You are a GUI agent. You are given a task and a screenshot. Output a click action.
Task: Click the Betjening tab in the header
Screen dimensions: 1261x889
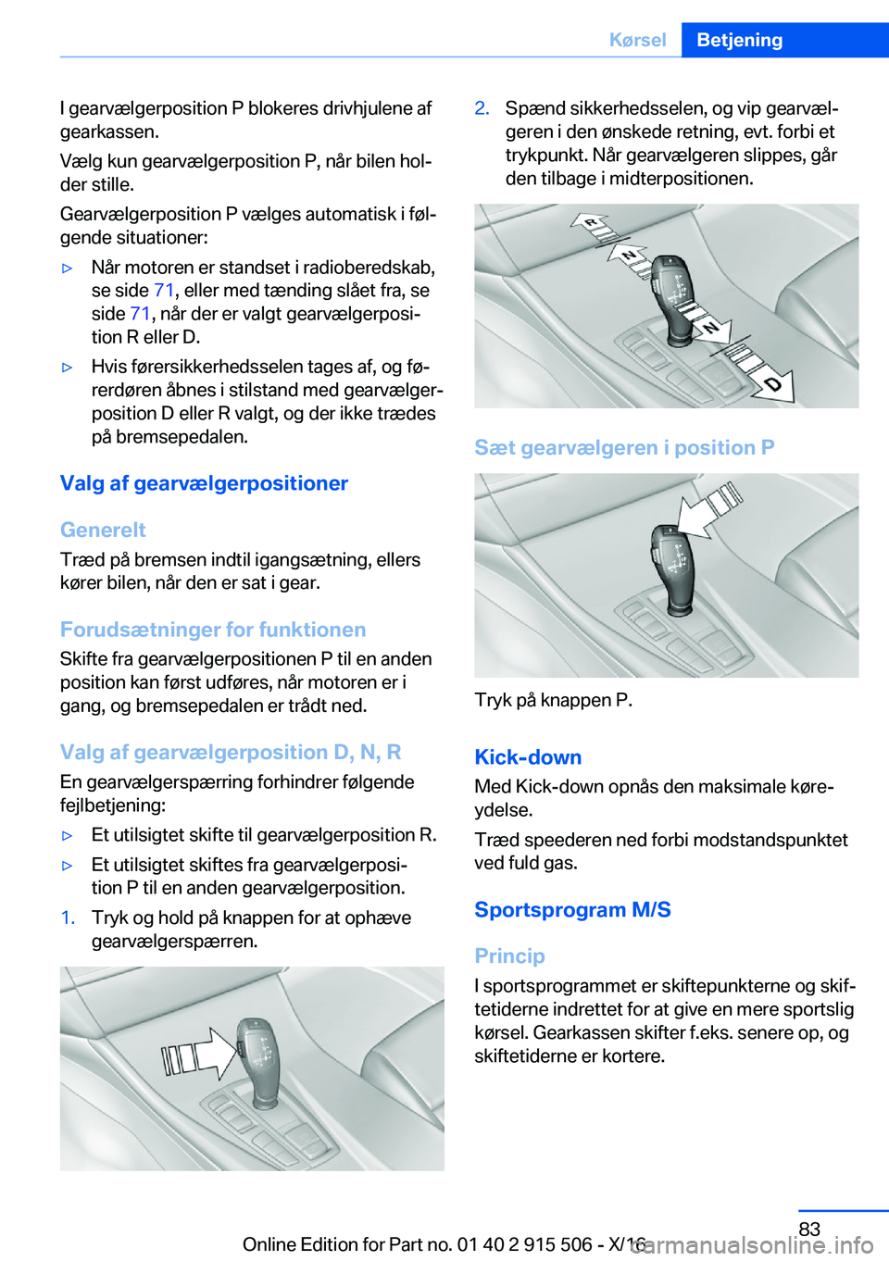click(x=739, y=40)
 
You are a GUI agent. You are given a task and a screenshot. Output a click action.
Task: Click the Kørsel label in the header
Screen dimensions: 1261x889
click(x=637, y=40)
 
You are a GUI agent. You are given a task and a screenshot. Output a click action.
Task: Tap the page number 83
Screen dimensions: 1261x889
click(x=809, y=1229)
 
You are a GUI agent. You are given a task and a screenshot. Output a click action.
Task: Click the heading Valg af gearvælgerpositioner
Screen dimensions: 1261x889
click(x=204, y=483)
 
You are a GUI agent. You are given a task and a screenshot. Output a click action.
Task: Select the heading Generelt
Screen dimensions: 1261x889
click(x=103, y=530)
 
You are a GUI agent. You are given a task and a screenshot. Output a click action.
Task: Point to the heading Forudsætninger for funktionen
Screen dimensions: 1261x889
click(x=213, y=630)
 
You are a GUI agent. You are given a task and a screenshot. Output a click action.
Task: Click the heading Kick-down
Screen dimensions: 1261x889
click(x=528, y=757)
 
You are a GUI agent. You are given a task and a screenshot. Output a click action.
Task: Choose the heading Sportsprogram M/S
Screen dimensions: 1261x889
click(x=572, y=909)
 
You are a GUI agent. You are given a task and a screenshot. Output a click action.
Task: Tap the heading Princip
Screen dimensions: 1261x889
click(x=509, y=955)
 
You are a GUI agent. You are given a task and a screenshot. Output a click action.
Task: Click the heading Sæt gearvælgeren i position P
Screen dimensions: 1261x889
click(x=624, y=447)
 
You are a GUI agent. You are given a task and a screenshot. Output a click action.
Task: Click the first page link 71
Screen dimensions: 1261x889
click(x=164, y=291)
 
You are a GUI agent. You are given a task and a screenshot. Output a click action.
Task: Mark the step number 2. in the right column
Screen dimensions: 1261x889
click(x=482, y=108)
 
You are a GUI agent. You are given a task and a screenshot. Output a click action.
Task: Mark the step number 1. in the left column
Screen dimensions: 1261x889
click(x=68, y=918)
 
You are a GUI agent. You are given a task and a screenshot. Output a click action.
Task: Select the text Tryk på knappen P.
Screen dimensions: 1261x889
click(x=553, y=700)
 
